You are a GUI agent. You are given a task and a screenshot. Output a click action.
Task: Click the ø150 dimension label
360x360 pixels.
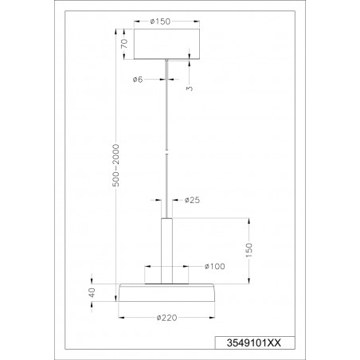pyautogui.click(x=160, y=22)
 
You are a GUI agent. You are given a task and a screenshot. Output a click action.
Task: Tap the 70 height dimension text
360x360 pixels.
pyautogui.click(x=124, y=43)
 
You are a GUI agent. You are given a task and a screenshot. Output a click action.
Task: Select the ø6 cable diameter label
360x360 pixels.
pyautogui.click(x=138, y=79)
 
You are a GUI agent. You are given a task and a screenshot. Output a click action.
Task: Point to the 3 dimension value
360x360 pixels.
pyautogui.click(x=190, y=88)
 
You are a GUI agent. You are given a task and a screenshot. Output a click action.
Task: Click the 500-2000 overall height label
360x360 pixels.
pyautogui.click(x=115, y=165)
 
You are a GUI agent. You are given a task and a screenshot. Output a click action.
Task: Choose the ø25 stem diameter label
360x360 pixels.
pyautogui.click(x=192, y=200)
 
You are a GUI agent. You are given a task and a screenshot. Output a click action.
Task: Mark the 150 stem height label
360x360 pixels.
pyautogui.click(x=249, y=250)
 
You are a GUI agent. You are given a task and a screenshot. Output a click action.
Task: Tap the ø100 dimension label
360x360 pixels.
pyautogui.click(x=215, y=266)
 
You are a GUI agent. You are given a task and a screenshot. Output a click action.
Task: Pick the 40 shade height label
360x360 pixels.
pyautogui.click(x=92, y=292)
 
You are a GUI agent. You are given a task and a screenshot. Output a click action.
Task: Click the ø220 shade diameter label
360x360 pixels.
pyautogui.click(x=166, y=318)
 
